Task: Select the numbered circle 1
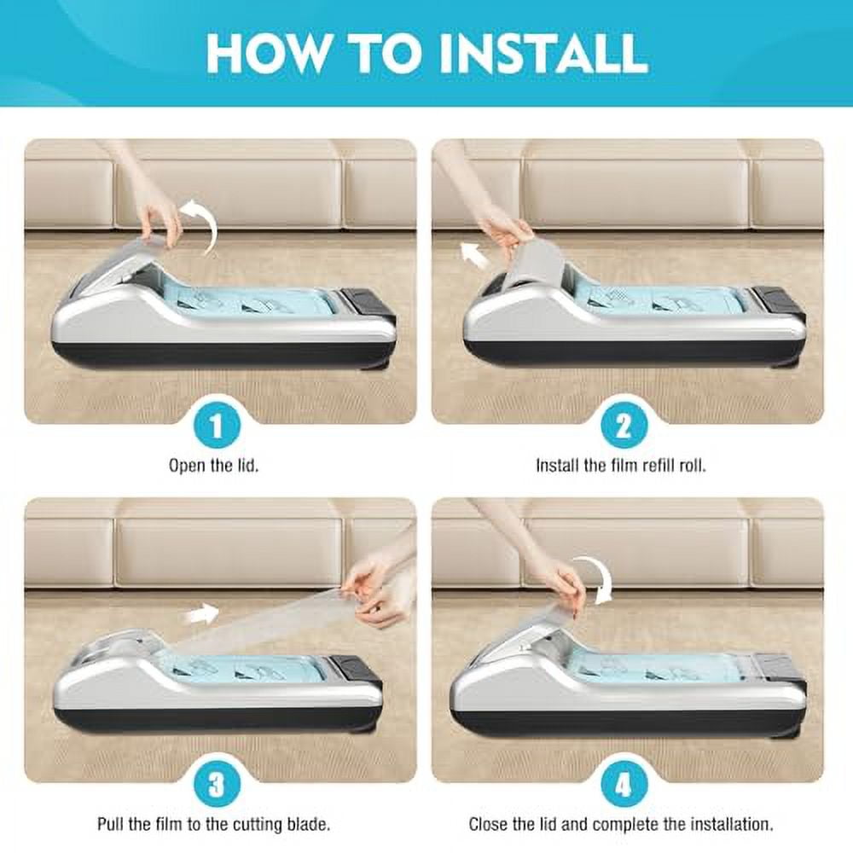click(x=217, y=426)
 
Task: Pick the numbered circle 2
click(x=624, y=426)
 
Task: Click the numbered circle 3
click(x=217, y=785)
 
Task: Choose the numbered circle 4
click(x=624, y=785)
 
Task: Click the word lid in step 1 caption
click(x=248, y=466)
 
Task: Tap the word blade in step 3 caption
click(x=308, y=824)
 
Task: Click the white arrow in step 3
click(x=201, y=615)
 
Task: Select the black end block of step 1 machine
click(x=367, y=303)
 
